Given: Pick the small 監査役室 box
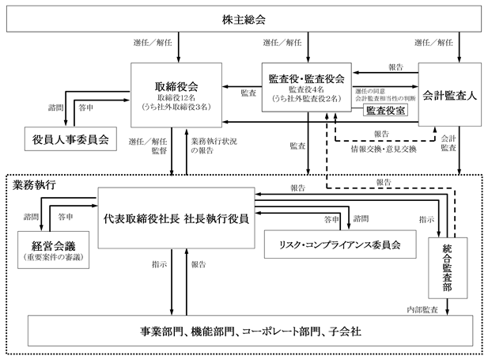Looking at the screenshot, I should [x=384, y=110].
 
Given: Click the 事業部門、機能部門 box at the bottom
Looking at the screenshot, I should [x=246, y=332].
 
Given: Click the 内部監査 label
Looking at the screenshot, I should [x=422, y=309].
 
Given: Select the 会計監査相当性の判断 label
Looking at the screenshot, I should [x=385, y=99].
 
